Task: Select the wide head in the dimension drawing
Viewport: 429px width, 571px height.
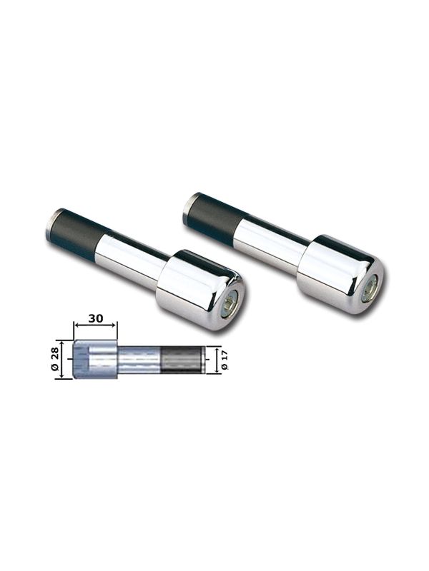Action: pyautogui.click(x=93, y=360)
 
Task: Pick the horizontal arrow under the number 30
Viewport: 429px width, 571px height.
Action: pyautogui.click(x=94, y=326)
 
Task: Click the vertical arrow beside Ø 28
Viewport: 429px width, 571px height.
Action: pyautogui.click(x=69, y=360)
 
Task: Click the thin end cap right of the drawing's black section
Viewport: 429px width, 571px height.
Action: pyautogui.click(x=203, y=359)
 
